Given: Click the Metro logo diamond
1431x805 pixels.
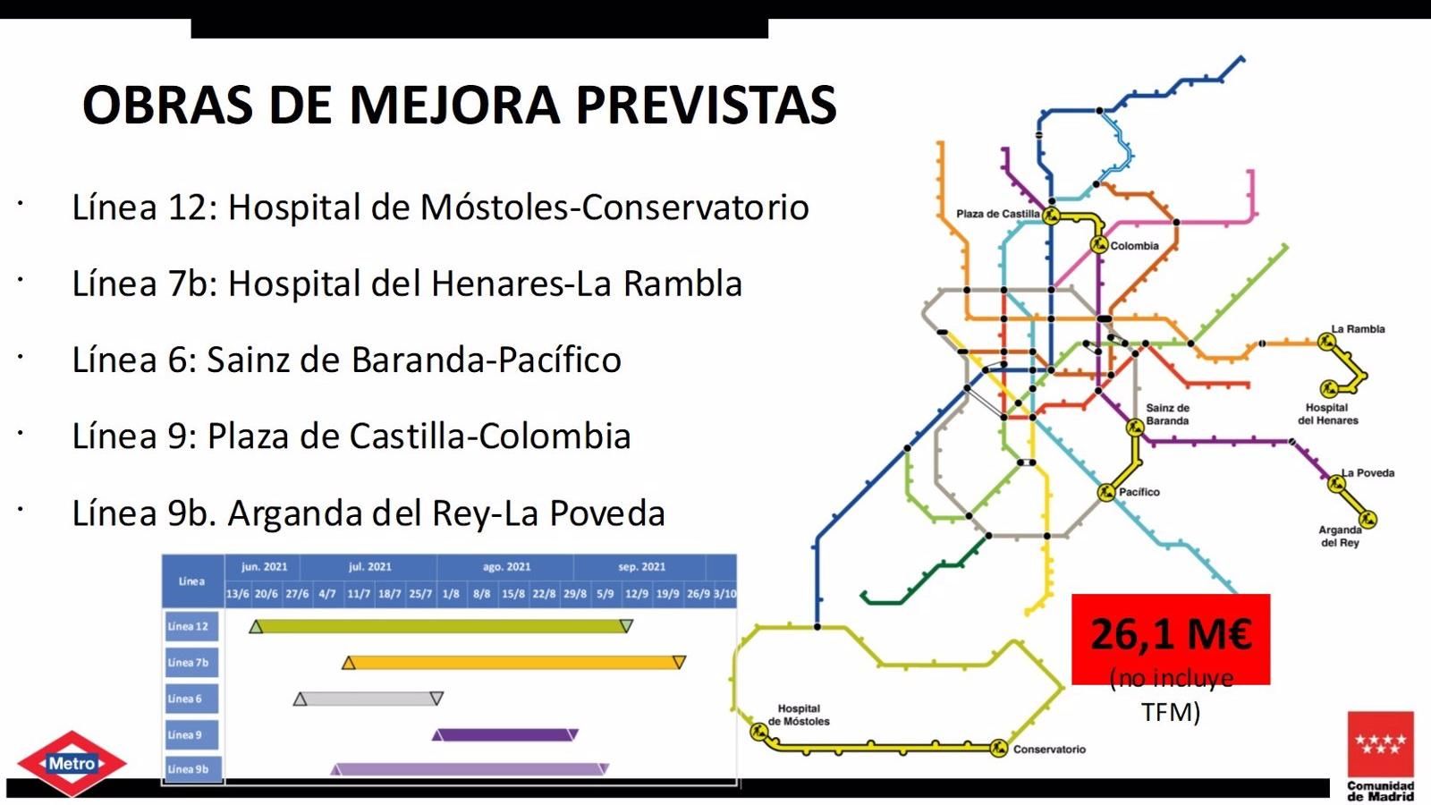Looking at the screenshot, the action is [72, 764].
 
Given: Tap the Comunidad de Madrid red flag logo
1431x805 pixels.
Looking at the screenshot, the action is [1381, 744].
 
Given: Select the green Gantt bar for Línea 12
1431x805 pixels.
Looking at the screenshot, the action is [442, 626].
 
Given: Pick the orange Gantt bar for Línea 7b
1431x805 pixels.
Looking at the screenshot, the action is [513, 663].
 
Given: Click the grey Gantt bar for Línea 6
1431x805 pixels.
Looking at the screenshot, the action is [368, 699].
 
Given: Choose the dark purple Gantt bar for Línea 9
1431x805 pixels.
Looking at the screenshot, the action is [505, 734].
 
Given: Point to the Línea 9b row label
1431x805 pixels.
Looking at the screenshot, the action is [190, 769].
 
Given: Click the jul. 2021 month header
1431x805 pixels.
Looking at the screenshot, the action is [369, 566].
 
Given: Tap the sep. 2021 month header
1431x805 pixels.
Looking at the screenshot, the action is [641, 566].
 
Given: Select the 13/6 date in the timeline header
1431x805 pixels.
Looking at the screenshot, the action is [238, 594].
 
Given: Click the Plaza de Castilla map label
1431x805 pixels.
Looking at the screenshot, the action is [997, 214].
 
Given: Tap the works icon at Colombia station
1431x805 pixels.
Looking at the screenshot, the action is [1099, 244].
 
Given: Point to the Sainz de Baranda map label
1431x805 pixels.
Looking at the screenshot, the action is [1167, 414].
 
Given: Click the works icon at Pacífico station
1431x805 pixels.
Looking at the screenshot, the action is [1106, 492].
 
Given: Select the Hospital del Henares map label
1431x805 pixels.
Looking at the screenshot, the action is [1327, 414].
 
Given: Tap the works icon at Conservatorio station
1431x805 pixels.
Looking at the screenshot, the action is [999, 748].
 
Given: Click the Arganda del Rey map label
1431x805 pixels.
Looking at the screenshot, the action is [1339, 536].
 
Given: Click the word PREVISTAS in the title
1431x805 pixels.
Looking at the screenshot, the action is [706, 105].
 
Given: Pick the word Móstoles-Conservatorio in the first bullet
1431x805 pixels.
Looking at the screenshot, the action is [614, 208].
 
